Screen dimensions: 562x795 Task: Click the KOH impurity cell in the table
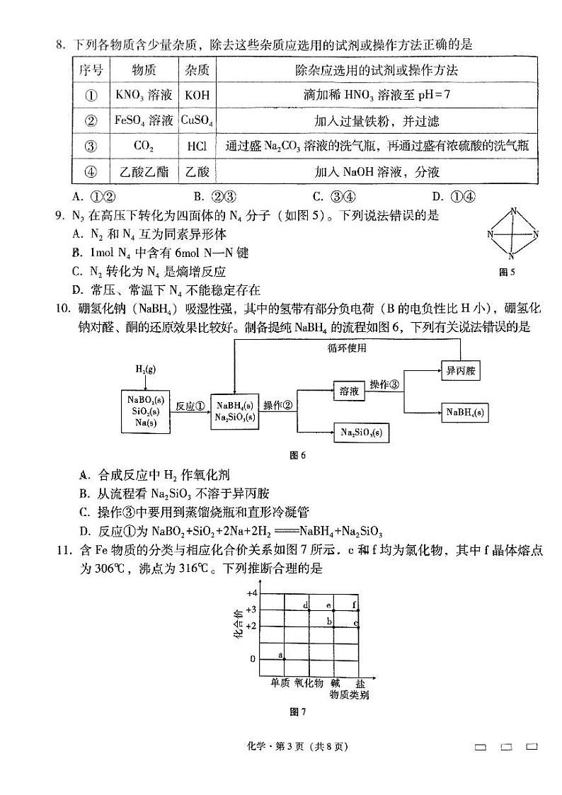(x=197, y=95)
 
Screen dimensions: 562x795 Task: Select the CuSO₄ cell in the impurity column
(x=197, y=120)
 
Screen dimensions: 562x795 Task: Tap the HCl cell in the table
(x=197, y=147)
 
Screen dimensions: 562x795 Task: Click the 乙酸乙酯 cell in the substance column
(x=144, y=172)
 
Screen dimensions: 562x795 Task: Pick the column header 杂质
(x=197, y=70)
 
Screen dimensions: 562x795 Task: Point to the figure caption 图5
(x=507, y=273)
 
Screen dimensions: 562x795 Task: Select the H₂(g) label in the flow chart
(x=145, y=370)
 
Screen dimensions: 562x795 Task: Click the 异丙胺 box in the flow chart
(x=460, y=370)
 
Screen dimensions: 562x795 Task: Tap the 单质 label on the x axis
(x=280, y=682)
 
